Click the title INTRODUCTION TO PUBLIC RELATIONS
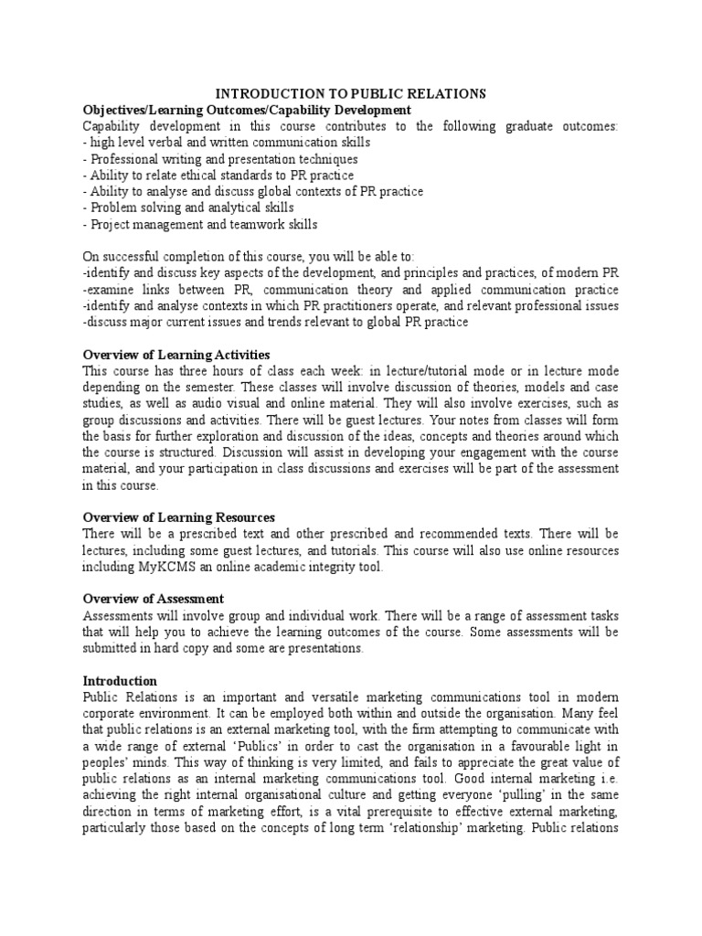(x=350, y=93)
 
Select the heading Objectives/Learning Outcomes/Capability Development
(x=240, y=110)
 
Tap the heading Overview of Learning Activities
(x=176, y=355)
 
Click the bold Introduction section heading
(x=120, y=681)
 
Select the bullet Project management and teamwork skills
(x=200, y=224)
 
